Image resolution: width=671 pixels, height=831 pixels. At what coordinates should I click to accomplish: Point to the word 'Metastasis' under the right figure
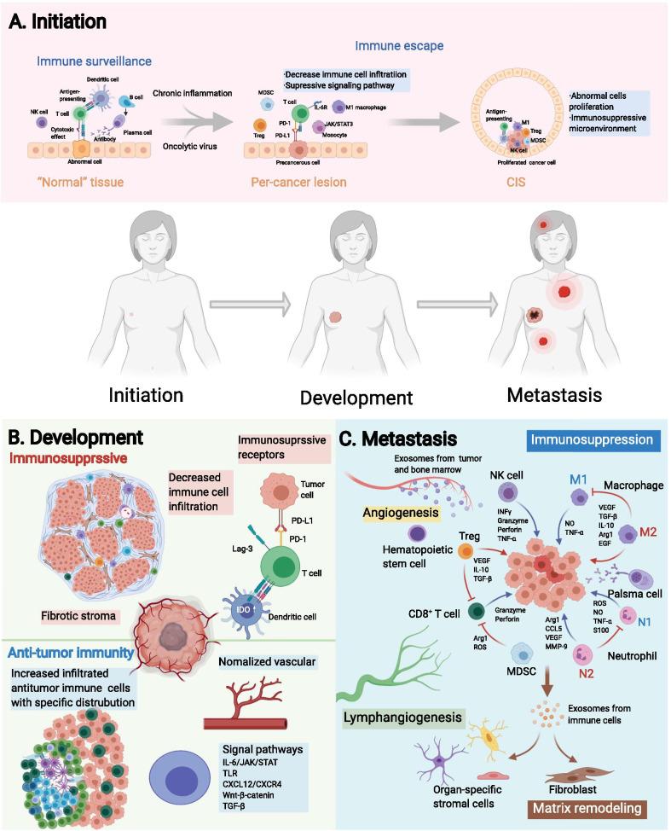pyautogui.click(x=553, y=396)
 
